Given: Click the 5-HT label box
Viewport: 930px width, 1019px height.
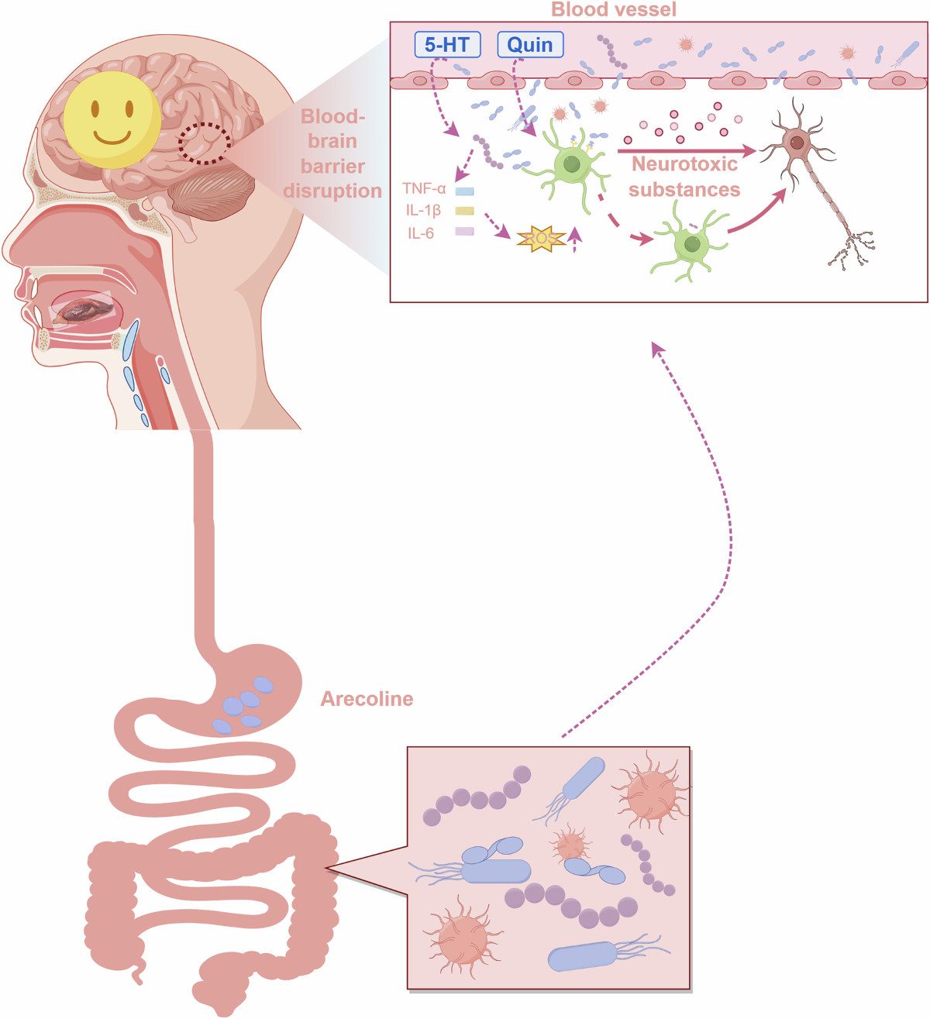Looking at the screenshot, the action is click(x=447, y=44).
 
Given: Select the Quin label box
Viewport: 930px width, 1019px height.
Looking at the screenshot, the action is click(x=530, y=44).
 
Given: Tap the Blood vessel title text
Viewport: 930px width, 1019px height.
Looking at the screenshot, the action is click(x=613, y=9).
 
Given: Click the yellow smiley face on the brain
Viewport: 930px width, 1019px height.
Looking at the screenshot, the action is click(x=112, y=120).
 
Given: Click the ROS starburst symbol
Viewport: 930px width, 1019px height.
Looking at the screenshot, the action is click(x=541, y=239).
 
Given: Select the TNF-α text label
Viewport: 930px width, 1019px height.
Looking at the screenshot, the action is click(x=424, y=188).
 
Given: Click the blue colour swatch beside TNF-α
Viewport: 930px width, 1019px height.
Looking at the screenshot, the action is click(x=464, y=191).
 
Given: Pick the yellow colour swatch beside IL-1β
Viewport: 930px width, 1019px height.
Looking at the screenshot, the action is click(x=464, y=211).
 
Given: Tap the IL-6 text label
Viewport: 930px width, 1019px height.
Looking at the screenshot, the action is click(x=421, y=233).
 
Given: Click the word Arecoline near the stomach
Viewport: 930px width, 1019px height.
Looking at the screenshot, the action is click(x=367, y=699).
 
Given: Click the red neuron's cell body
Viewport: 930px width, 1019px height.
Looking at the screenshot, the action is click(x=797, y=143).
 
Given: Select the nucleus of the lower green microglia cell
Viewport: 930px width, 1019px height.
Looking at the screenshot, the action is click(x=692, y=244).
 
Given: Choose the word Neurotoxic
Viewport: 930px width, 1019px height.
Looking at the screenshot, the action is click(x=684, y=164).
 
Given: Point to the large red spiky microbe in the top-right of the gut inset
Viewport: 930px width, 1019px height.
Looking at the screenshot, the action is click(x=652, y=794).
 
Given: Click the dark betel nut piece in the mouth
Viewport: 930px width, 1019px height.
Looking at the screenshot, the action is click(x=83, y=310).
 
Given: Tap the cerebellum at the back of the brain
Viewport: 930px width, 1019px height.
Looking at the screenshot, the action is click(x=212, y=193).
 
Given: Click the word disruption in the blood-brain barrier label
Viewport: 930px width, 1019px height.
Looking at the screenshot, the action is click(x=332, y=191).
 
